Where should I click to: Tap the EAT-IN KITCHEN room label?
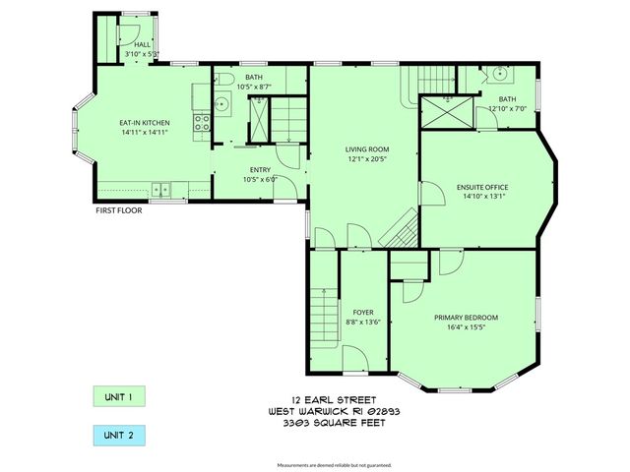145,121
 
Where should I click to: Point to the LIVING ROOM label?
361,148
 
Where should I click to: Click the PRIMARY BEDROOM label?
466,317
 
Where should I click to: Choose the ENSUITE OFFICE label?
481,187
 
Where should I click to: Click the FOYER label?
363,312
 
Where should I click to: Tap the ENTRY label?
261,170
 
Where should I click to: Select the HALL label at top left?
143,44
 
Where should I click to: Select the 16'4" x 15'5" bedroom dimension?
466,326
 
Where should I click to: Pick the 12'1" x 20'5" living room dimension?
361,158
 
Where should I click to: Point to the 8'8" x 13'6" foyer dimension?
363,322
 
